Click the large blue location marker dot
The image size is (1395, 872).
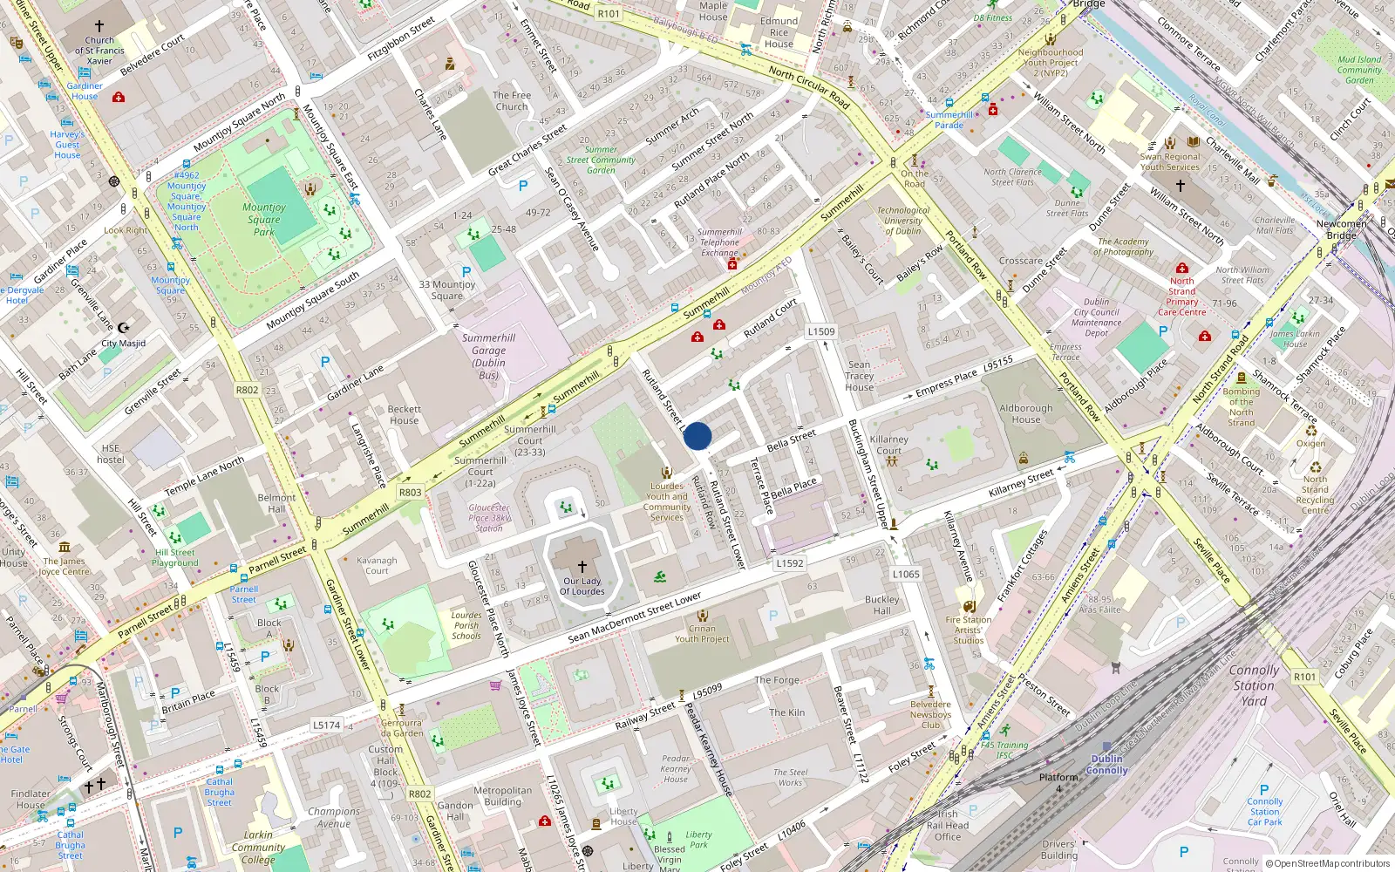697,436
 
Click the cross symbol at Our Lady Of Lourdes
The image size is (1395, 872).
582,567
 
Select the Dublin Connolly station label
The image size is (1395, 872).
1107,765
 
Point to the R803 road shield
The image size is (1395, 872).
410,493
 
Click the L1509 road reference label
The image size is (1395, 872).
820,331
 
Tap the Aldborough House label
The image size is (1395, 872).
1026,413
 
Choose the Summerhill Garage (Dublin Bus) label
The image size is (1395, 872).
488,357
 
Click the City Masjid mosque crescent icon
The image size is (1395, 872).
123,328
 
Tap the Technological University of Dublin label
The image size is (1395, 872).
903,221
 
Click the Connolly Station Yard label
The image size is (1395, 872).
1254,685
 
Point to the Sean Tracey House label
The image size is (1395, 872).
859,376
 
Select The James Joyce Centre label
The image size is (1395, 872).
65,567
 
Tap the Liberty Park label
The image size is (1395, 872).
698,839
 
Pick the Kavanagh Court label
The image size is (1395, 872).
377,566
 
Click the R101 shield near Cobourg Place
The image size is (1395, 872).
1304,677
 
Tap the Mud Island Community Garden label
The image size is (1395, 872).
1359,70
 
